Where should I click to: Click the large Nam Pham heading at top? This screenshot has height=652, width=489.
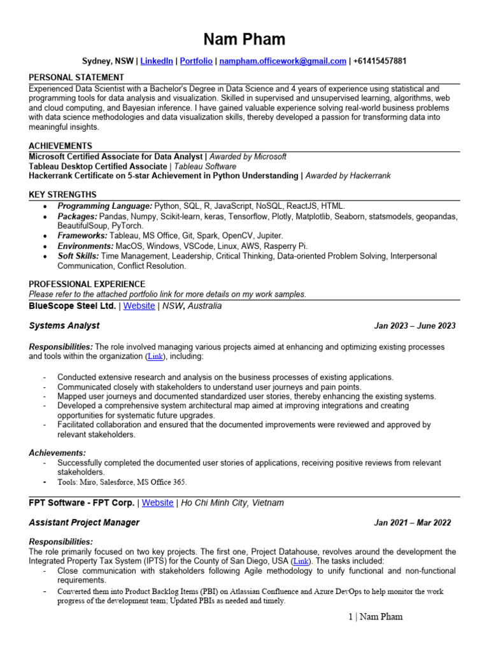(x=244, y=39)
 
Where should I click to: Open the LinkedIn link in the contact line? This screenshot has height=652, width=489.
(x=157, y=61)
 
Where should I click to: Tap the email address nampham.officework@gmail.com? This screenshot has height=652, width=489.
(x=283, y=61)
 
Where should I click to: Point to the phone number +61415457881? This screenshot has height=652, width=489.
(x=379, y=61)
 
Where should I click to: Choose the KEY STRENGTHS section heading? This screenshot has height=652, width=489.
(x=62, y=194)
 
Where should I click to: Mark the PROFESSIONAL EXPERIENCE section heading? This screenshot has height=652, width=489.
(x=87, y=284)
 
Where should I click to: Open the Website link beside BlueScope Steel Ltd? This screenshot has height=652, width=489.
(x=139, y=306)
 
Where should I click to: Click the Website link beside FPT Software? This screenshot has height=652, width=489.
(x=157, y=503)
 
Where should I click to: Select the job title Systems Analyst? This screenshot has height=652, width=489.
(x=64, y=325)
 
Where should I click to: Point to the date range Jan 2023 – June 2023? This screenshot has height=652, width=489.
(x=415, y=326)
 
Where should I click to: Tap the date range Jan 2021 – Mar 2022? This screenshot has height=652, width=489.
(x=413, y=523)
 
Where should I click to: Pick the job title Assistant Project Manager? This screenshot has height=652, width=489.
(x=84, y=523)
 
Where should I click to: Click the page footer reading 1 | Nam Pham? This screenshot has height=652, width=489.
(x=371, y=616)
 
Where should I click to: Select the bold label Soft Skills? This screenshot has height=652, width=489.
(x=78, y=256)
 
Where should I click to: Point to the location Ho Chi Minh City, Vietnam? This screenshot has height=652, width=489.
(x=232, y=503)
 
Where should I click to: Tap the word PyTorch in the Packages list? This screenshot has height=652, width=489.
(x=127, y=225)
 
